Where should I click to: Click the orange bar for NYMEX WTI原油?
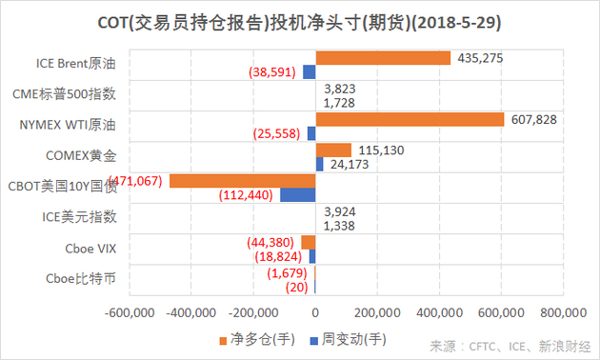(x=410, y=119)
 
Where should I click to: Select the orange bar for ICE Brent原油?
(x=383, y=58)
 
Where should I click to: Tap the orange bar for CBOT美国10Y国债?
(x=242, y=180)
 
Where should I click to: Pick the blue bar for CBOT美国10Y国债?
(x=297, y=195)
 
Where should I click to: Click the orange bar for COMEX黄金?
(x=333, y=150)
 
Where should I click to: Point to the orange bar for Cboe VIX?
(x=308, y=241)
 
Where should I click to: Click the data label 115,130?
(x=383, y=150)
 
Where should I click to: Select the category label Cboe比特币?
(x=82, y=278)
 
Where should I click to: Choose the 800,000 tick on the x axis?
(x=563, y=311)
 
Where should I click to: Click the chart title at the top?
(x=300, y=21)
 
